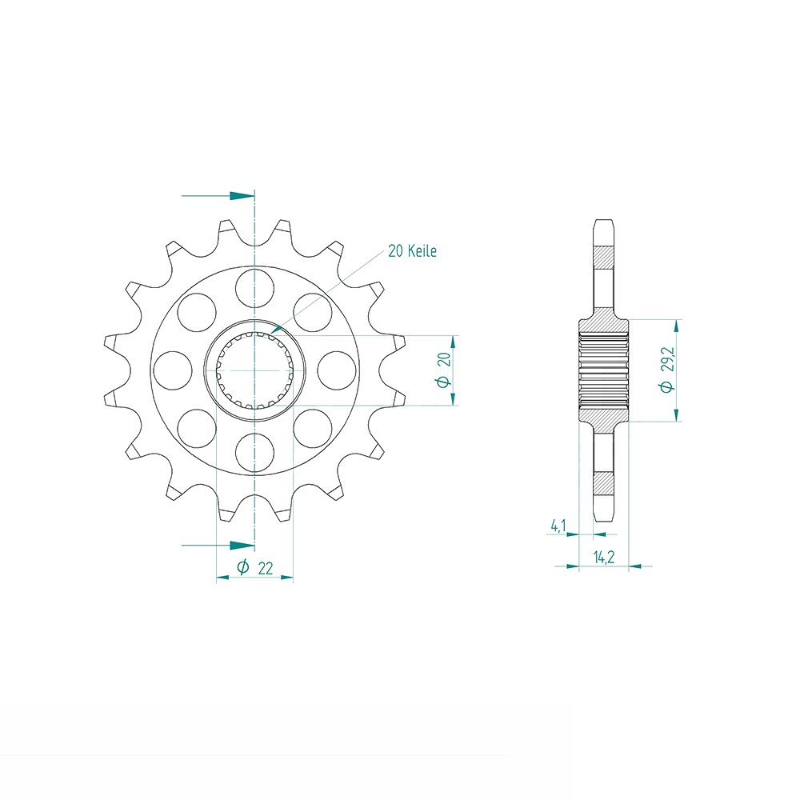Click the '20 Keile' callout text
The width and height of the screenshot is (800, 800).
tap(412, 251)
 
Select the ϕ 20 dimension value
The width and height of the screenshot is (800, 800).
tap(447, 370)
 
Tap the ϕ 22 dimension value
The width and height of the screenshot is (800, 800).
tap(255, 569)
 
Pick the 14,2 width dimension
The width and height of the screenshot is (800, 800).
tap(603, 558)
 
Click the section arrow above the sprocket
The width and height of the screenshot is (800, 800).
tap(238, 195)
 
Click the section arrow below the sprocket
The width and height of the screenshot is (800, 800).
tap(238, 546)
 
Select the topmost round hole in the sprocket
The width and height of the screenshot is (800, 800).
tap(254, 287)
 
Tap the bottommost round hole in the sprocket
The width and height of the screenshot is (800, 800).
tap(254, 454)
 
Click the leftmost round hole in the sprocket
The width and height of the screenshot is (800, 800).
tap(172, 370)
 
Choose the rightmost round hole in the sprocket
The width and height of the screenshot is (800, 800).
tap(338, 370)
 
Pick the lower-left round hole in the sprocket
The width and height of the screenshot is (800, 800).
tap(197, 429)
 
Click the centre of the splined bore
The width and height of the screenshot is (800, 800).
tap(254, 370)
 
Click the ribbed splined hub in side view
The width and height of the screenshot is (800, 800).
tap(603, 370)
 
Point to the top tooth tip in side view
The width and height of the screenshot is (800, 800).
tap(603, 221)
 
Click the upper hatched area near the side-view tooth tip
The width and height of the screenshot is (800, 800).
tap(603, 258)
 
